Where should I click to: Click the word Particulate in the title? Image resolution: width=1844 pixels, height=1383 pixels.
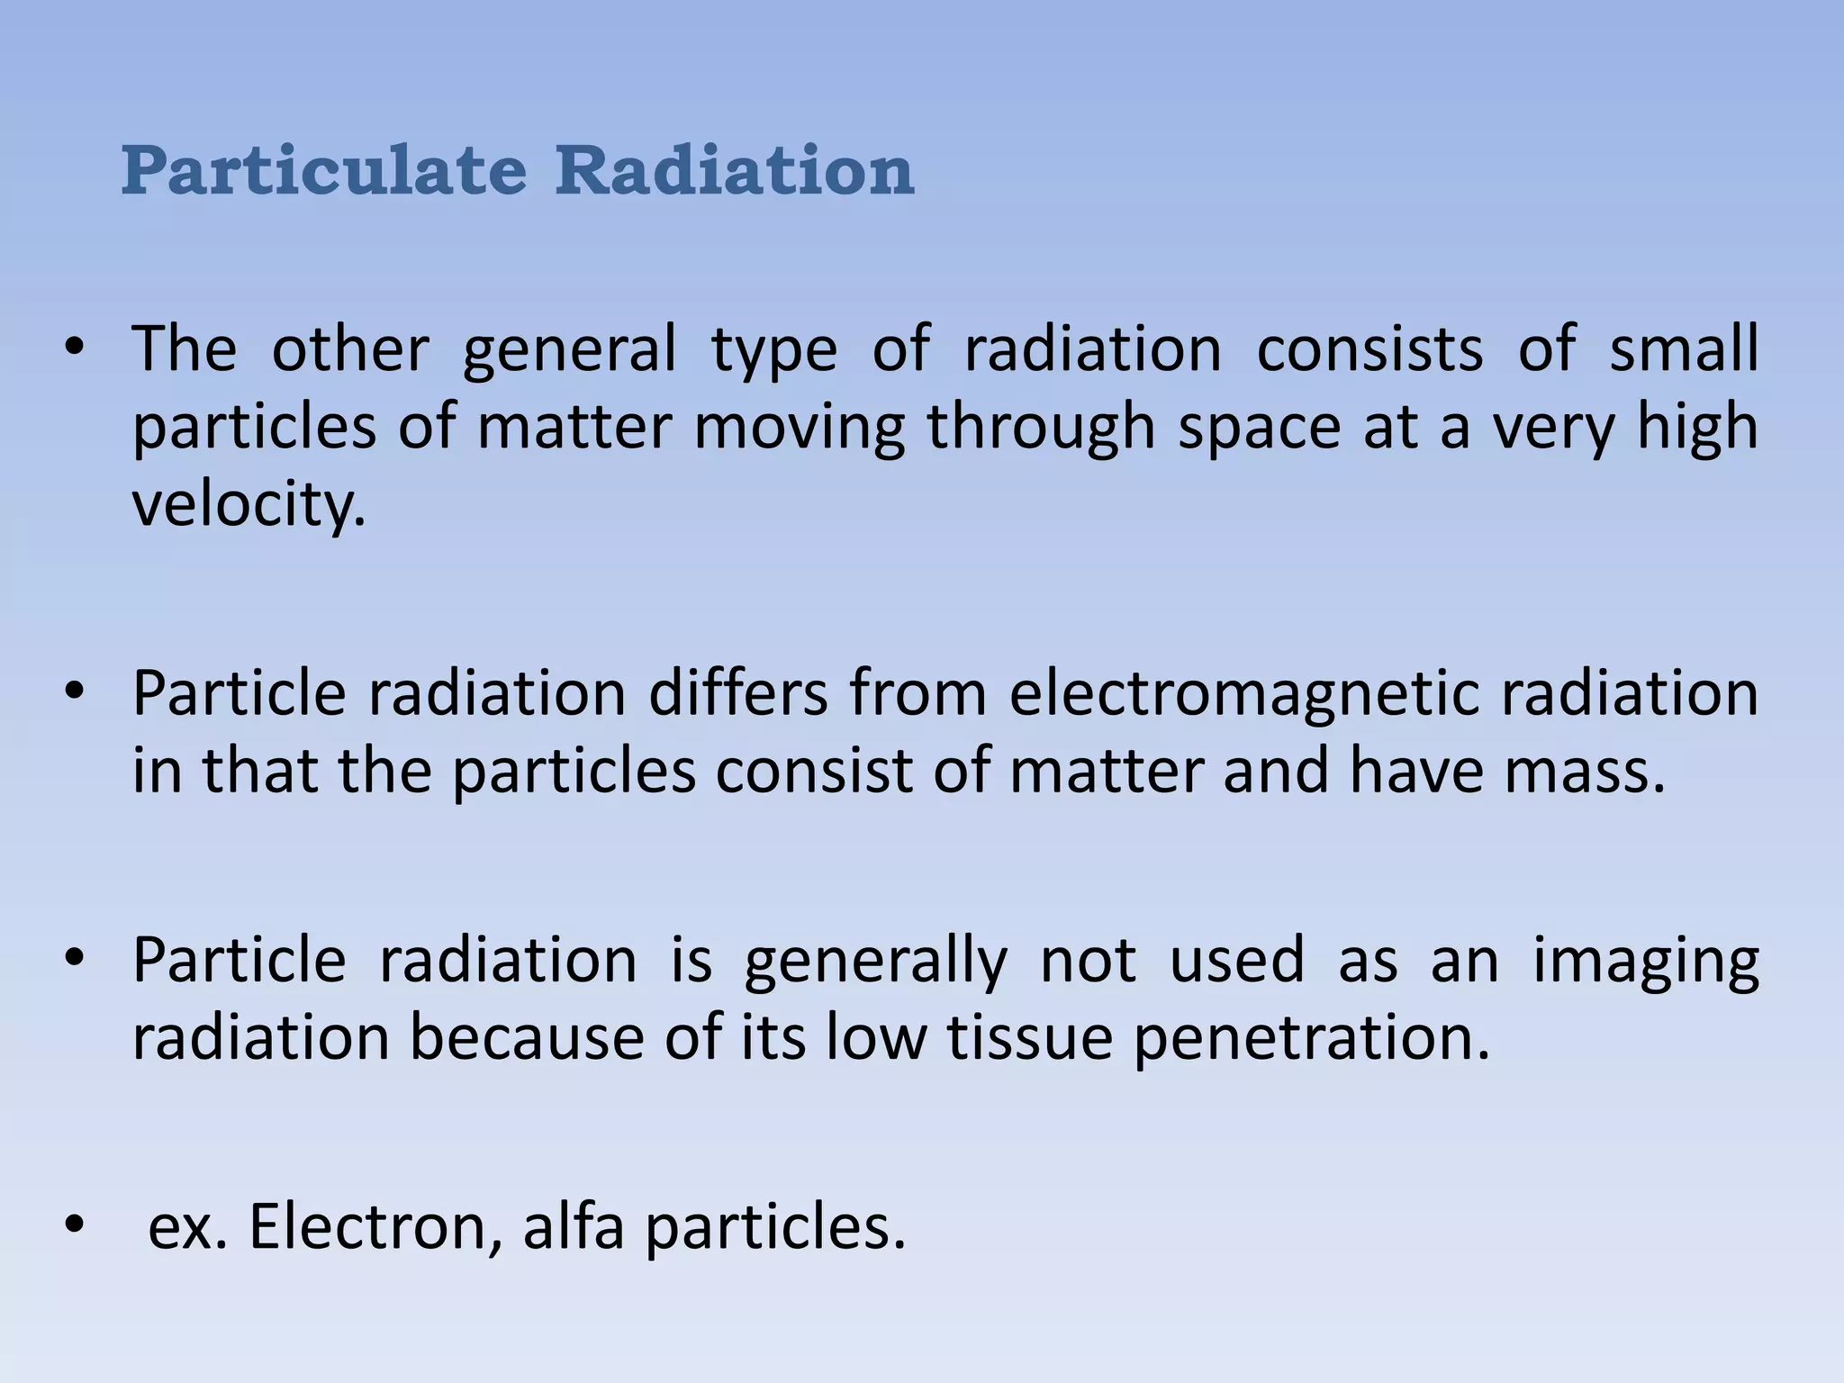click(x=323, y=170)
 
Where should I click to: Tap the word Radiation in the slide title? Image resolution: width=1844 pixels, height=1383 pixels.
click(x=734, y=170)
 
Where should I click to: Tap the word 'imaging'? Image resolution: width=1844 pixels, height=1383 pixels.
click(x=1645, y=961)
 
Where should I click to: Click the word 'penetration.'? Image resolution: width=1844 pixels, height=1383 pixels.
click(x=1311, y=1038)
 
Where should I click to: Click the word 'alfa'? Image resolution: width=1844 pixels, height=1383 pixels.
click(x=574, y=1226)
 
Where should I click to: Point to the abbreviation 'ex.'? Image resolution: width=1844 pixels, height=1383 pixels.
click(x=187, y=1226)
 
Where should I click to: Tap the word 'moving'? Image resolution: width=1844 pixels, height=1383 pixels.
click(x=800, y=428)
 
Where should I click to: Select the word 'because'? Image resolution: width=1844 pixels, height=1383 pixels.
click(x=527, y=1038)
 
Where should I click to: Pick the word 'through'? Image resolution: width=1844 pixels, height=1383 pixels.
click(x=1042, y=428)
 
